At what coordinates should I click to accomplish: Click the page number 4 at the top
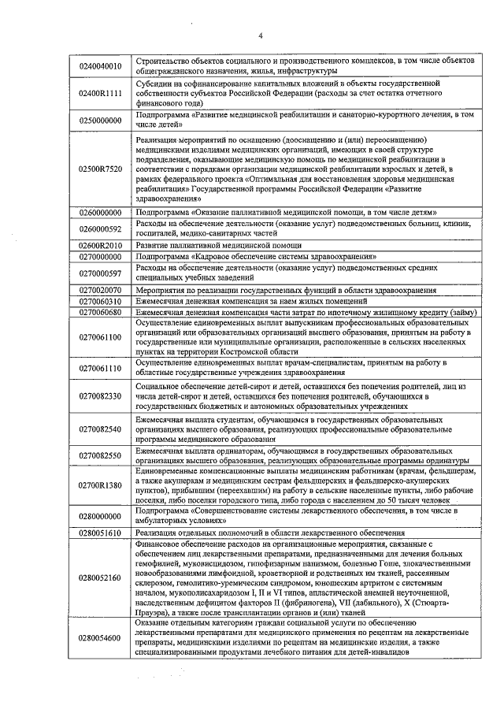(261, 35)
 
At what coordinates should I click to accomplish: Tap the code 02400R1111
(100, 93)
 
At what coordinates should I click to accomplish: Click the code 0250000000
(100, 120)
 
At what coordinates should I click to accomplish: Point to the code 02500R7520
(100, 169)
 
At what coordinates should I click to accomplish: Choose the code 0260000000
(100, 213)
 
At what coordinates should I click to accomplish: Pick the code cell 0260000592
(100, 228)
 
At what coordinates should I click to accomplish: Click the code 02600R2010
(100, 246)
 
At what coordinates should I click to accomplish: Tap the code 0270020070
(100, 290)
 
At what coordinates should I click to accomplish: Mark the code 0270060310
(100, 302)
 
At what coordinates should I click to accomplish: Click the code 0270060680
(100, 313)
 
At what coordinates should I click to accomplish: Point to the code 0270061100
(100, 337)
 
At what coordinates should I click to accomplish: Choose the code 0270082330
(100, 395)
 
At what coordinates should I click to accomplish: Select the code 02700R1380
(100, 485)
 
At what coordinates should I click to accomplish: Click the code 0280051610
(100, 533)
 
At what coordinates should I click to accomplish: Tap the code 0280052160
(100, 577)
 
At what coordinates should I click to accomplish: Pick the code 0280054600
(100, 637)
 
